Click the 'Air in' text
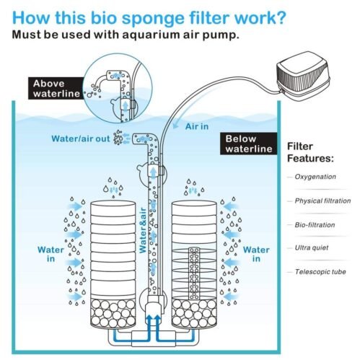(198, 125)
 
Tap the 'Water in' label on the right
(256, 255)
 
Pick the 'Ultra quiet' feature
(313, 248)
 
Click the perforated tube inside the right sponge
(193, 278)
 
